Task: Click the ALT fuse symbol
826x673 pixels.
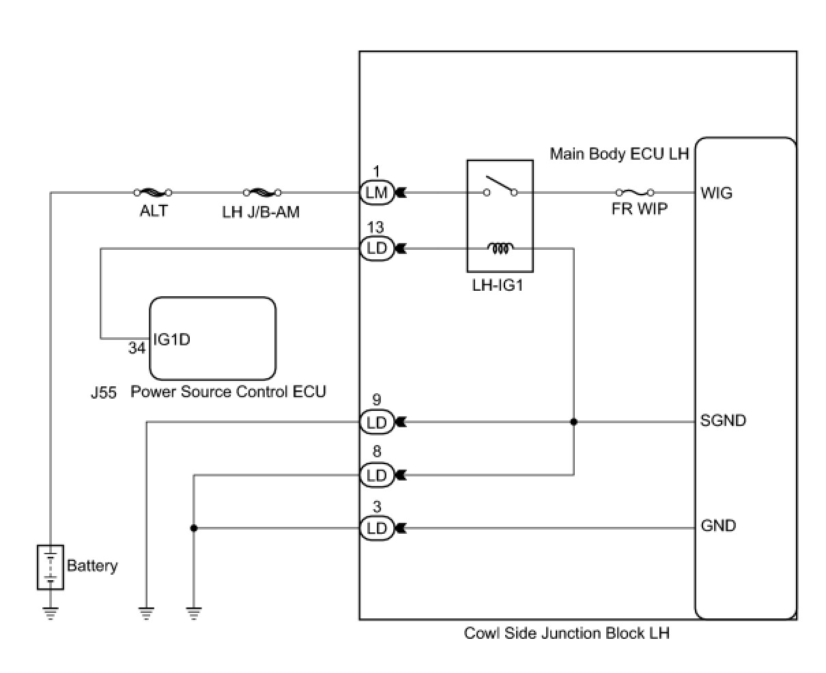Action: (x=153, y=192)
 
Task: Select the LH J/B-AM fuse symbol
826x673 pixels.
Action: (x=261, y=192)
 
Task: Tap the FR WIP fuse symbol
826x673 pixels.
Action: (x=635, y=192)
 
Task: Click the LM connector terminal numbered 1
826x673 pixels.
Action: (x=376, y=193)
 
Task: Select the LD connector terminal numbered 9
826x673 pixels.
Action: (x=376, y=423)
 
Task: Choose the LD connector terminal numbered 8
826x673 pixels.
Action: (x=376, y=475)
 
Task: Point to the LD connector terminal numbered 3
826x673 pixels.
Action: (x=376, y=528)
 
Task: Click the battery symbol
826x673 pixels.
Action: (x=51, y=567)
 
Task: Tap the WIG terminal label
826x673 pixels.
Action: (x=716, y=193)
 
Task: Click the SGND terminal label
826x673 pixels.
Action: (x=723, y=420)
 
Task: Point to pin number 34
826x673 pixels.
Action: (x=137, y=348)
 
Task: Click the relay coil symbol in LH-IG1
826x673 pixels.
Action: (x=500, y=249)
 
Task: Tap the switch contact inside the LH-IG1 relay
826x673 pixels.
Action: (x=500, y=186)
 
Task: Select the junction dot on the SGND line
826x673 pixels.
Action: (x=573, y=423)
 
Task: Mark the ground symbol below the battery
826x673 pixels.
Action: (x=51, y=612)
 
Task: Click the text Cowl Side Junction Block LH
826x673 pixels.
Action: (x=567, y=633)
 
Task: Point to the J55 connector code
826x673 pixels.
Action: (x=102, y=392)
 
